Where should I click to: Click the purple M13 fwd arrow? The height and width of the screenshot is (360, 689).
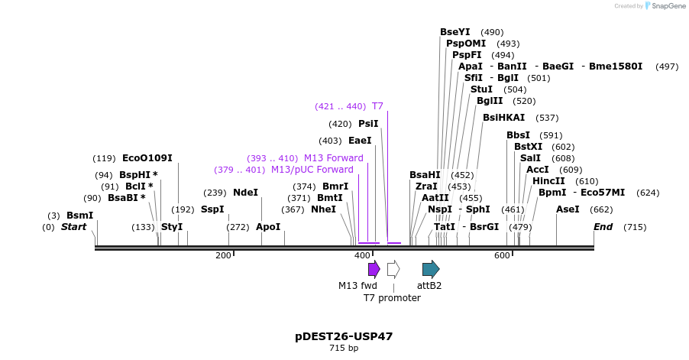[x=374, y=269]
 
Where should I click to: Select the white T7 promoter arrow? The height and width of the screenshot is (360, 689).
[x=393, y=269]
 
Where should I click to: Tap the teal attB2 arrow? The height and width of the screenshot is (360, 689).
[x=431, y=269]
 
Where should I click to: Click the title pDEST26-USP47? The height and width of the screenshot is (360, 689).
[x=344, y=336]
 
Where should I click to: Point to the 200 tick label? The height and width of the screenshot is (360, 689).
[x=223, y=255]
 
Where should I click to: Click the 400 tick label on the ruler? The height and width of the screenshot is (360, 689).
[x=363, y=255]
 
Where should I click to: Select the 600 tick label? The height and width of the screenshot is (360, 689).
[x=502, y=255]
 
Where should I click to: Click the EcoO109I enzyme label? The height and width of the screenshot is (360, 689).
[x=147, y=158]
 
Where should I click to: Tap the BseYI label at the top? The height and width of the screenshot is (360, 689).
[x=455, y=32]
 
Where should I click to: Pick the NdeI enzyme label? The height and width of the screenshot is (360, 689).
[x=246, y=193]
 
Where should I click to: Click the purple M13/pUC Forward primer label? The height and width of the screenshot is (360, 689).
[x=312, y=170]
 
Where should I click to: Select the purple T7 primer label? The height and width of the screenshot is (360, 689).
[x=377, y=106]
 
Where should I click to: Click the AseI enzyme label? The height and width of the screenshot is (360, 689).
[x=568, y=209]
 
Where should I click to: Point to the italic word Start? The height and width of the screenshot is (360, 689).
[x=73, y=227]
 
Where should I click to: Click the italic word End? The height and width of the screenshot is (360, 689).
[x=603, y=227]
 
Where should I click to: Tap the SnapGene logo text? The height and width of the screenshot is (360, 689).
[x=668, y=6]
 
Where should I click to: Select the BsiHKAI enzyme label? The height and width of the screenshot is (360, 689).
[x=504, y=118]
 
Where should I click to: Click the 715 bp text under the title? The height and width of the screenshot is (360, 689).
[x=344, y=349]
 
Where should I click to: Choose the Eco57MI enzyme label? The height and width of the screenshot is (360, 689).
[x=603, y=193]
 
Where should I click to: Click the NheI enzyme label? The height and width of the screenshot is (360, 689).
[x=323, y=209]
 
